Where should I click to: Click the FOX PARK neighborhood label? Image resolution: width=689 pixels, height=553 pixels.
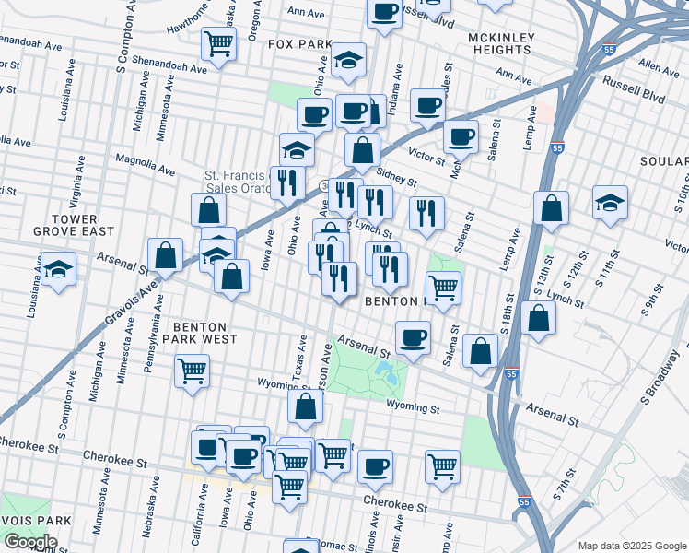pyautogui.click(x=299, y=44)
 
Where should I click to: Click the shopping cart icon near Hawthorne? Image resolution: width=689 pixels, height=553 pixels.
pyautogui.click(x=219, y=43)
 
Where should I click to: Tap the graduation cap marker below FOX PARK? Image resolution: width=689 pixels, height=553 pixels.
pyautogui.click(x=348, y=60)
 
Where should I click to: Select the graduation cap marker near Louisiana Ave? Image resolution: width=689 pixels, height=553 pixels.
pyautogui.click(x=58, y=269)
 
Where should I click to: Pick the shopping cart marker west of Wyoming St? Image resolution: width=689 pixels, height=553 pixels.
pyautogui.click(x=192, y=371)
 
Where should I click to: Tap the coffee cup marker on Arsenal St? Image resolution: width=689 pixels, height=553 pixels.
pyautogui.click(x=413, y=337)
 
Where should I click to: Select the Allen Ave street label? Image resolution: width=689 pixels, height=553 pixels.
pyautogui.click(x=658, y=67)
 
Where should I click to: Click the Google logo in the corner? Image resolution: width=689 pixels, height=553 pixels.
pyautogui.click(x=30, y=542)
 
